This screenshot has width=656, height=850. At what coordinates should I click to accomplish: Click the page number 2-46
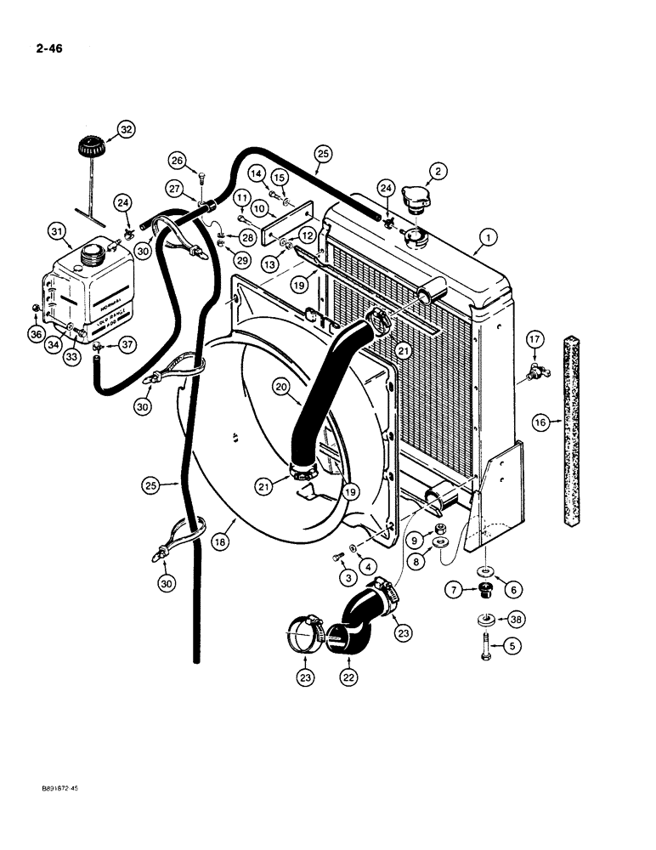coord(44,48)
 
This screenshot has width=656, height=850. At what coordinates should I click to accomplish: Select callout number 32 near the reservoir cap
coord(126,129)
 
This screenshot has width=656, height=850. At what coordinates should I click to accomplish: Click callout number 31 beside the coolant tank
coord(57,230)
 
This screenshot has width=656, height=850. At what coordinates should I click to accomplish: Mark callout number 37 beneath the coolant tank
coord(127,343)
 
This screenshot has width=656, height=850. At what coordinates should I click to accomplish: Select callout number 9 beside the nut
coord(416,540)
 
